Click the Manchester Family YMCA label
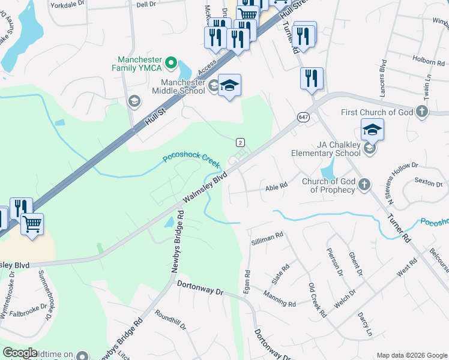pyautogui.click(x=140, y=64)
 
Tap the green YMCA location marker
pyautogui.click(x=170, y=61)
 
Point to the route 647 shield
pyautogui.click(x=302, y=118)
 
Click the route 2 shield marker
pyautogui.click(x=240, y=142)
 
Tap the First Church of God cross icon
pyautogui.click(x=422, y=112)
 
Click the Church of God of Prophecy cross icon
pyautogui.click(x=364, y=185)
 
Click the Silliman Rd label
pyautogui.click(x=267, y=238)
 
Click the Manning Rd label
pyautogui.click(x=279, y=299)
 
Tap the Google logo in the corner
pyautogui.click(x=20, y=353)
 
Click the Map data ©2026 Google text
pyautogui.click(x=412, y=355)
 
